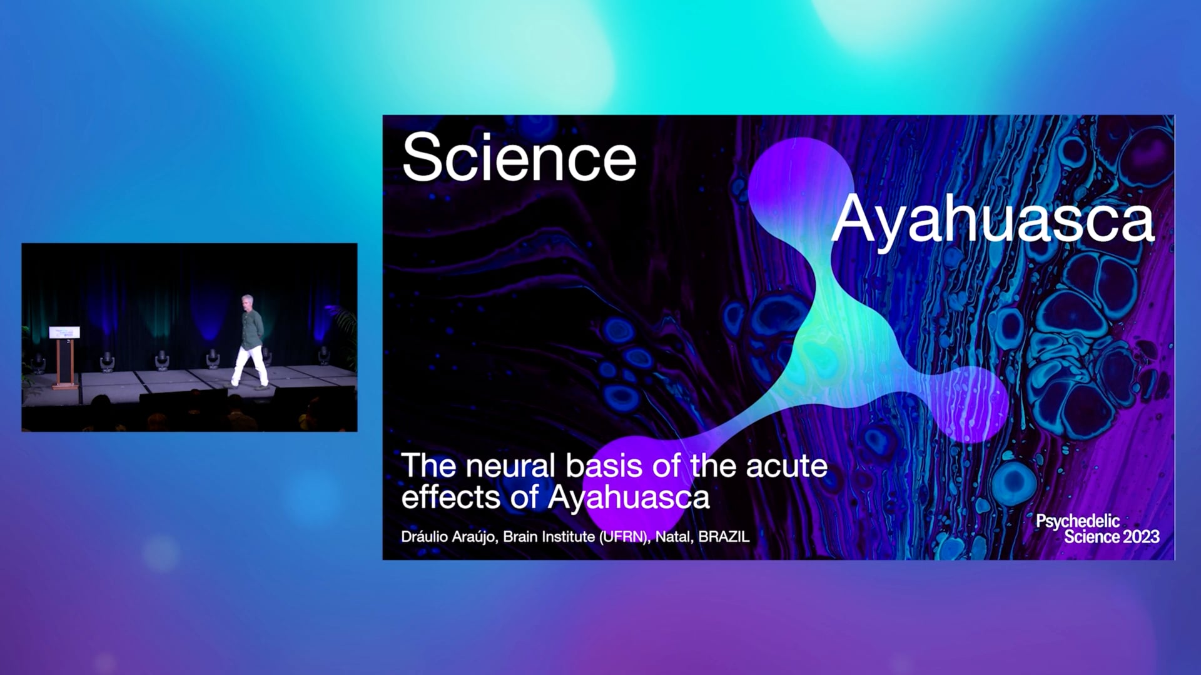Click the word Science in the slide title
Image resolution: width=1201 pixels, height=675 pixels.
pyautogui.click(x=519, y=157)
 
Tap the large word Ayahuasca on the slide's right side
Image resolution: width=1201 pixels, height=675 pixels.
pyautogui.click(x=993, y=220)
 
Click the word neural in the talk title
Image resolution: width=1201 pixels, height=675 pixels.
pyautogui.click(x=510, y=466)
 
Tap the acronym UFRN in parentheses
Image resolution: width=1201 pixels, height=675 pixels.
pyautogui.click(x=623, y=536)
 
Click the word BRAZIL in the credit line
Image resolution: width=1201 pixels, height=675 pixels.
pyautogui.click(x=724, y=536)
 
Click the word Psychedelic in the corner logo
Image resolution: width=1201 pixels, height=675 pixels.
pyautogui.click(x=1078, y=521)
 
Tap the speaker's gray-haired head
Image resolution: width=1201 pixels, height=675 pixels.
pyautogui.click(x=248, y=302)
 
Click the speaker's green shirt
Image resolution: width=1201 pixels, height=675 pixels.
pyautogui.click(x=252, y=329)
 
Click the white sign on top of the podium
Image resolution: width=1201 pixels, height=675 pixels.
pyautogui.click(x=64, y=332)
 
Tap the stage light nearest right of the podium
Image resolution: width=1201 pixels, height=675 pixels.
pyautogui.click(x=107, y=362)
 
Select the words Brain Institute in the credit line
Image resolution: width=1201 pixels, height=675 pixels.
pyautogui.click(x=549, y=536)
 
